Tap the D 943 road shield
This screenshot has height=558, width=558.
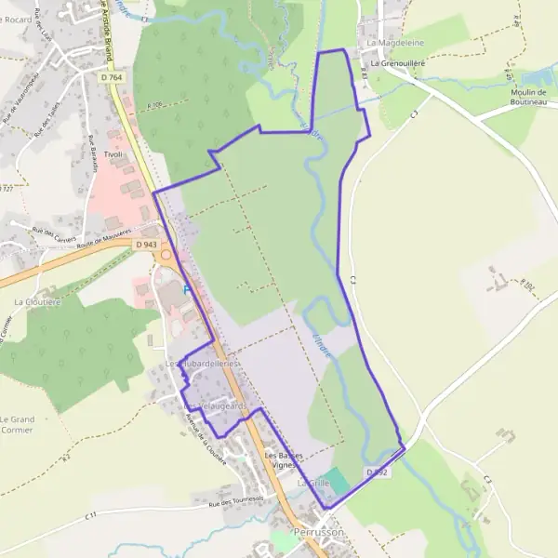(x=145, y=244)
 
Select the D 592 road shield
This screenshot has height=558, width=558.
(x=376, y=472)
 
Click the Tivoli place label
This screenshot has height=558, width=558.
(x=113, y=154)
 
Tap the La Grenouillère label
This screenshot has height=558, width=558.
(x=399, y=63)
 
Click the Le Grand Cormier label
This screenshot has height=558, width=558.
(x=18, y=425)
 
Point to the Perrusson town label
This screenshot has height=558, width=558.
(x=318, y=532)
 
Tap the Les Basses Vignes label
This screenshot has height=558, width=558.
(x=285, y=459)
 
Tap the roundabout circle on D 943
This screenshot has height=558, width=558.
(x=166, y=254)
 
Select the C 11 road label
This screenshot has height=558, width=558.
(x=90, y=515)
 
